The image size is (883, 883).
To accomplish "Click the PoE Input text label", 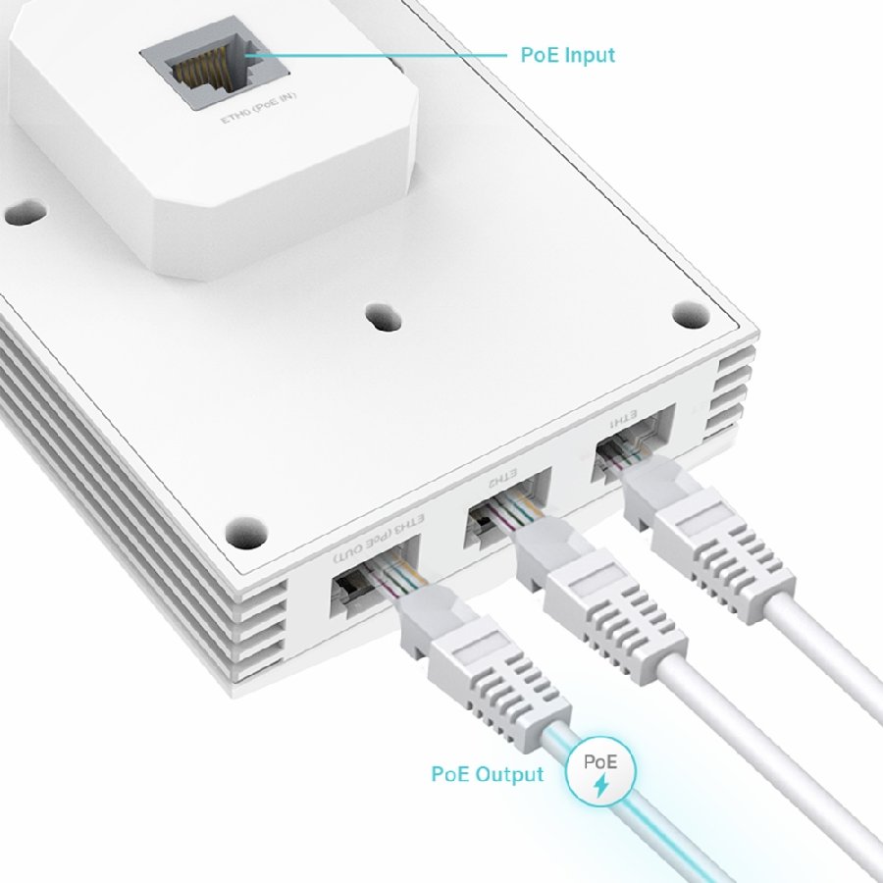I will point(567,55).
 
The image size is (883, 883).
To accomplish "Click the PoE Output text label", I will point(487,774).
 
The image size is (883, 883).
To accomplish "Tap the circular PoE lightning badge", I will point(600,772).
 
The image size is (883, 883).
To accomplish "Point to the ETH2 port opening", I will point(491,524).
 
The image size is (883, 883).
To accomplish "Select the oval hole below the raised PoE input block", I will point(379,317).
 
